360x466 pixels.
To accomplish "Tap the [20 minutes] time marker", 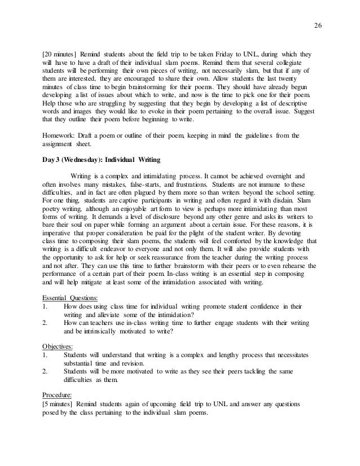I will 62,56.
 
